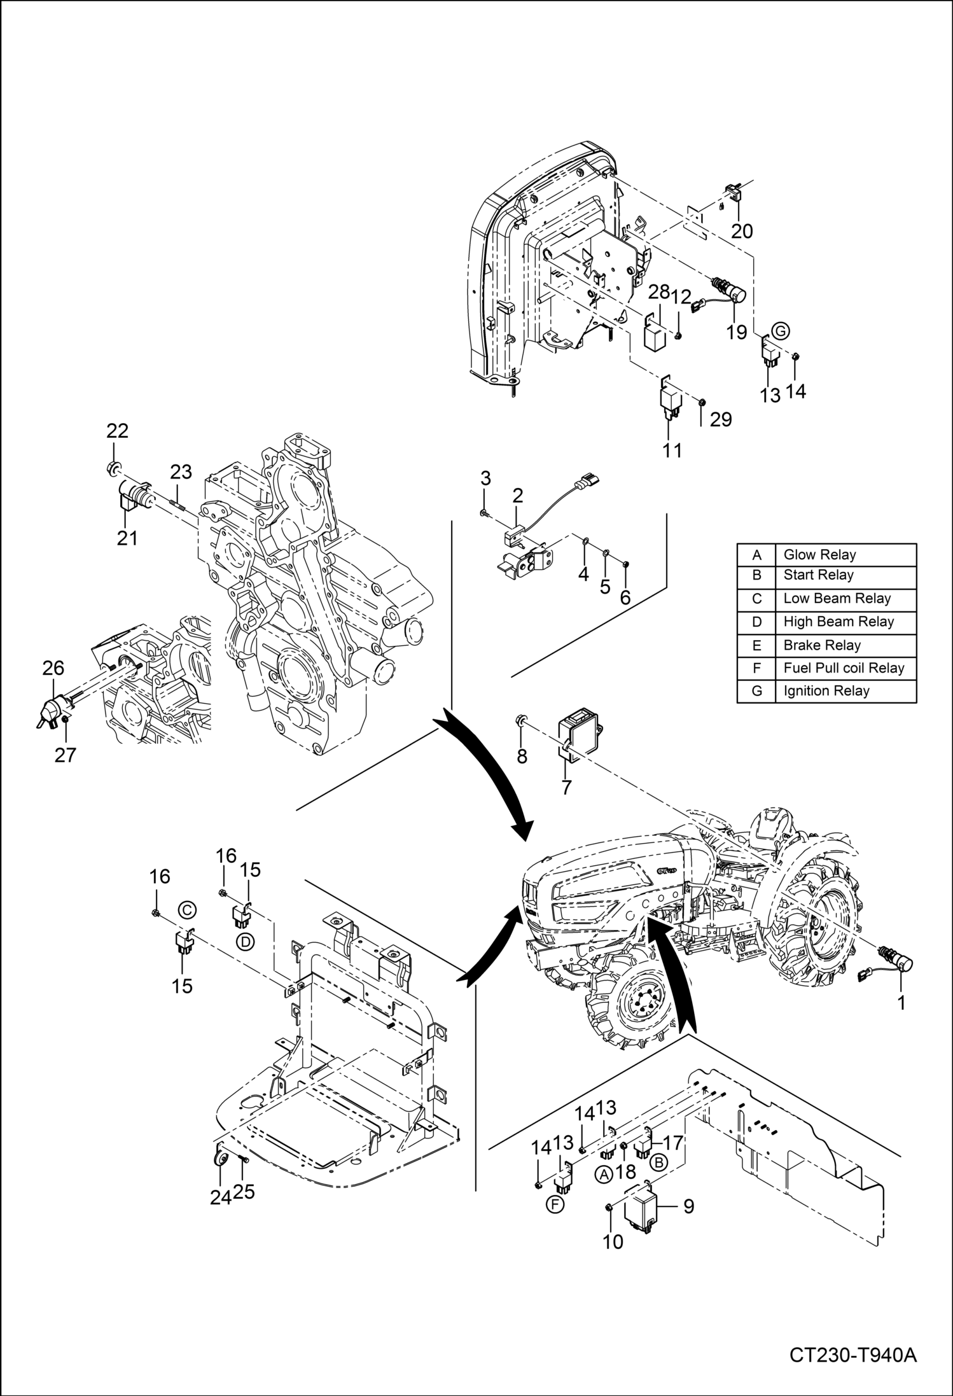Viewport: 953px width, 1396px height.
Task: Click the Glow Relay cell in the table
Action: (x=819, y=555)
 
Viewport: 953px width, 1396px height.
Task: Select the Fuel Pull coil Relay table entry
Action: (x=844, y=668)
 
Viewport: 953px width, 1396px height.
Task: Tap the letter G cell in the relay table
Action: (x=756, y=691)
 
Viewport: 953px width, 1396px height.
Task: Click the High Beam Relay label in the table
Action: (x=838, y=622)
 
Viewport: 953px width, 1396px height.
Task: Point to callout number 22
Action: (x=117, y=431)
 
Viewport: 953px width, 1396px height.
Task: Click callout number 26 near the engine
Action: (x=53, y=667)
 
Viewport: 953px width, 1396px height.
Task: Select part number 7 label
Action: (x=566, y=787)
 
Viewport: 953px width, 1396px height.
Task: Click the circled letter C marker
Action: (x=186, y=911)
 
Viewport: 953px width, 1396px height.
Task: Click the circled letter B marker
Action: (x=659, y=1162)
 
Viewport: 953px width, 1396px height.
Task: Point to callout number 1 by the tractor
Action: (x=901, y=1003)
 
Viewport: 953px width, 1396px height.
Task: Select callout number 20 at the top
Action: (x=742, y=230)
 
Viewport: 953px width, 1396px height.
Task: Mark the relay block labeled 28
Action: (x=657, y=337)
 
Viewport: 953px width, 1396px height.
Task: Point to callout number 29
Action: (x=721, y=419)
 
